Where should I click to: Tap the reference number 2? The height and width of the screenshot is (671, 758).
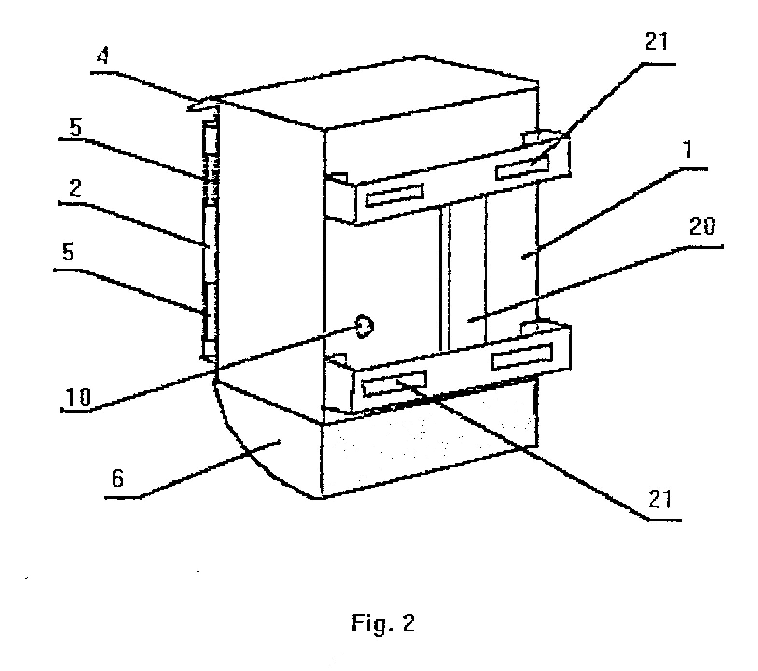coord(74,190)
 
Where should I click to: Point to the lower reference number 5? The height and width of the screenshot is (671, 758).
coord(69,253)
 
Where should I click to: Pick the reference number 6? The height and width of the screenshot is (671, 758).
coord(119,480)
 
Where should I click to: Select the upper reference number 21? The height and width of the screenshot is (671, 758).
coord(657,42)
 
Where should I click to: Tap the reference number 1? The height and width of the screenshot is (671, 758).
coord(689,151)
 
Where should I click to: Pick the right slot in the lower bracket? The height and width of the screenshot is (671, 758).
coord(522,357)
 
